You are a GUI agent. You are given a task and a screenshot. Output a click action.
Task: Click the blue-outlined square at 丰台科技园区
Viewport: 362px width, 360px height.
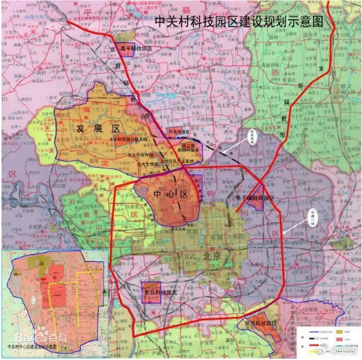[x=152, y=292]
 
